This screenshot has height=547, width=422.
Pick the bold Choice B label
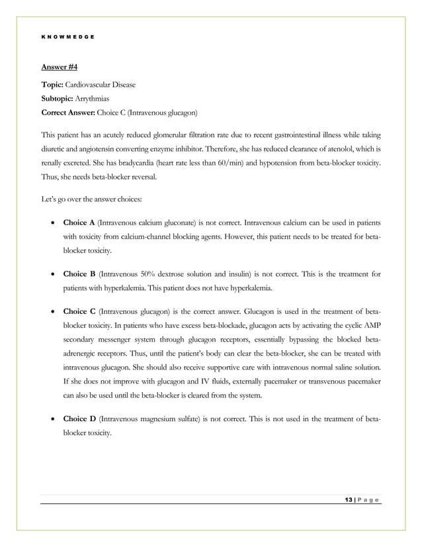pos(79,273)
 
